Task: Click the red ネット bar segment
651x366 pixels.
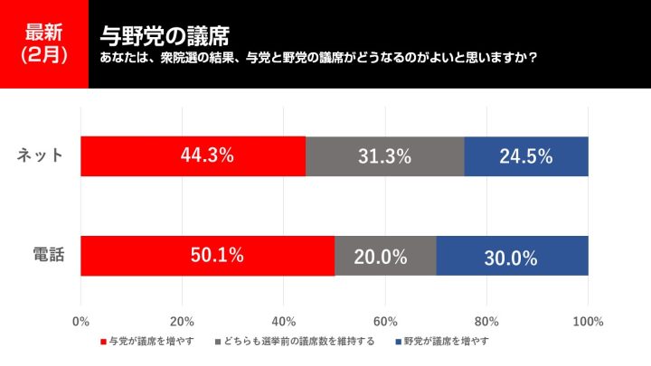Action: [x=193, y=156]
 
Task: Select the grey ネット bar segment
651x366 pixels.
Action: [x=384, y=156]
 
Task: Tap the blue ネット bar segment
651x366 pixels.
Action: [x=526, y=156]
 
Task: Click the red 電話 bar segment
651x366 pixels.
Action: [x=207, y=256]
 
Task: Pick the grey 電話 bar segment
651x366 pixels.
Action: [x=385, y=256]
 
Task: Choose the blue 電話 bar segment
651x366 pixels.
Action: [x=512, y=256]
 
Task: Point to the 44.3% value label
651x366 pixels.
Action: [x=207, y=155]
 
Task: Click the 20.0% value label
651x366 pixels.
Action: [x=380, y=257]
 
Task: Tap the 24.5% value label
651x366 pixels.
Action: [x=525, y=156]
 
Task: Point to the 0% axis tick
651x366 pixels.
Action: [x=80, y=322]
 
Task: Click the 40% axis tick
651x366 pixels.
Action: [x=284, y=322]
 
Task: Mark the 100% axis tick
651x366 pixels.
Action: [x=588, y=322]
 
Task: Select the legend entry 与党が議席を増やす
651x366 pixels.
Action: [x=150, y=342]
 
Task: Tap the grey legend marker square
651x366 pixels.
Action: [x=219, y=342]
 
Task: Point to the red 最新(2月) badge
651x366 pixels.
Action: [x=44, y=43]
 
